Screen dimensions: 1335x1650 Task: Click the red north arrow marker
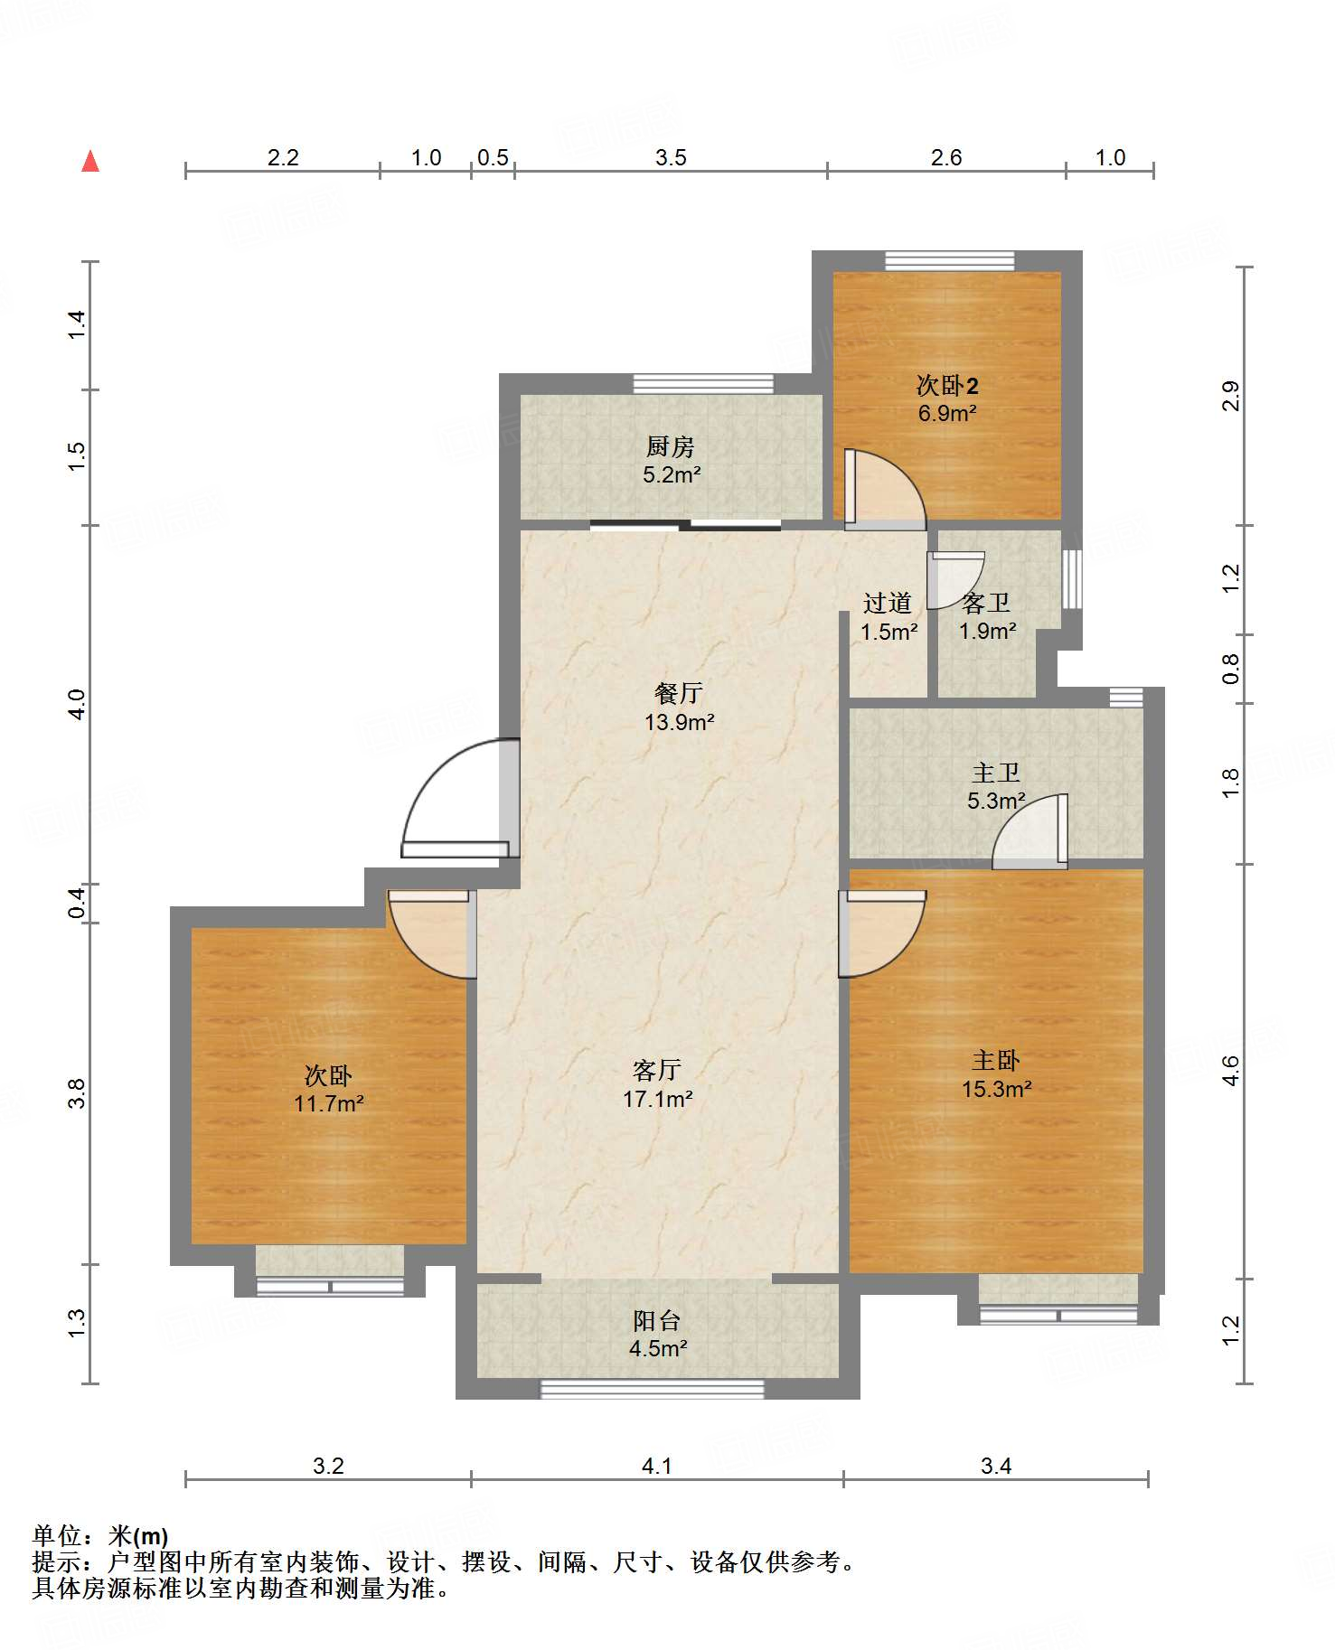90,161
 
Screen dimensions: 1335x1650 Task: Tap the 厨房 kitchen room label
671,446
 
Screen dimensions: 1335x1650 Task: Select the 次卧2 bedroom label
947,386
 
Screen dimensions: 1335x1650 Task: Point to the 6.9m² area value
947,414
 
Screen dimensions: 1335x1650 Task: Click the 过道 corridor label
888,603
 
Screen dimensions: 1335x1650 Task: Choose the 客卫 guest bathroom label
986,603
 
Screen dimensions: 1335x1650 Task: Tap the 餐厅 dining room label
679,693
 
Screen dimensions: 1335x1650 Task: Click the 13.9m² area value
680,722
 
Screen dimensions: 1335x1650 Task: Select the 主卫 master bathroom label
996,773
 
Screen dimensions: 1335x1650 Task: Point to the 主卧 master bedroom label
996,1060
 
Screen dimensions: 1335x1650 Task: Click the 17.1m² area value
658,1099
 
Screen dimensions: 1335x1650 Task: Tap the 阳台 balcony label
657,1320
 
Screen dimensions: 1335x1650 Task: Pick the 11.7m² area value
329,1103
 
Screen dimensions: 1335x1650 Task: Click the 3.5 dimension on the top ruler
671,158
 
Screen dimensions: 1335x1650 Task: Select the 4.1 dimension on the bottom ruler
657,1466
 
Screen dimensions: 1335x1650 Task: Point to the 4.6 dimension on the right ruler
1231,1071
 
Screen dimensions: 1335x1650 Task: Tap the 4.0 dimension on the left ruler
78,705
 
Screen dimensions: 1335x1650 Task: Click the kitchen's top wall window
703,383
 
